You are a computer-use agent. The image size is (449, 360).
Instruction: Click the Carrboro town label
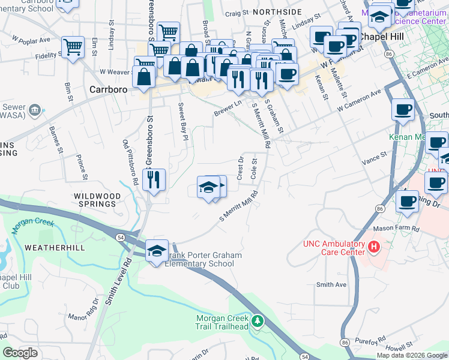pyautogui.click(x=110, y=89)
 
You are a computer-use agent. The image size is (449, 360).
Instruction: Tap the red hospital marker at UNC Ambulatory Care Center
pyautogui.click(x=373, y=246)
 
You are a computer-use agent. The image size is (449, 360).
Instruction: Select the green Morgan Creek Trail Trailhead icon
pyautogui.click(x=258, y=321)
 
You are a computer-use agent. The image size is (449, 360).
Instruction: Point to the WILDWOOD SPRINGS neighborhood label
pyautogui.click(x=94, y=200)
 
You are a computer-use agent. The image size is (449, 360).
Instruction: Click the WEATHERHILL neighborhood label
pyautogui.click(x=50, y=248)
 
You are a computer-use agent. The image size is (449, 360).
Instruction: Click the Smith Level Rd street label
pyautogui.click(x=118, y=281)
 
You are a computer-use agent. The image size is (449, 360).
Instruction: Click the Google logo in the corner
pyautogui.click(x=20, y=353)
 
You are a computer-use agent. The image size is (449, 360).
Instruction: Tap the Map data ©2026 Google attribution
pyautogui.click(x=412, y=355)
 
